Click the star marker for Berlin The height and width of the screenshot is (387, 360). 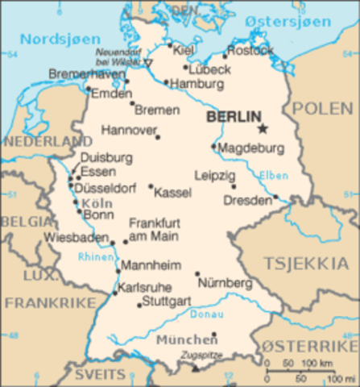262,127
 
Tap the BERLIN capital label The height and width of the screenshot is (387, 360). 234,117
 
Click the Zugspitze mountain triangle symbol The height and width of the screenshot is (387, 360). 195,368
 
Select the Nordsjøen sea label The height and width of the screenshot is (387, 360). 60,39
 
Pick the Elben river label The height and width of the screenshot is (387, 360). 274,174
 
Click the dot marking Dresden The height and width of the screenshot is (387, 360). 275,196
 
